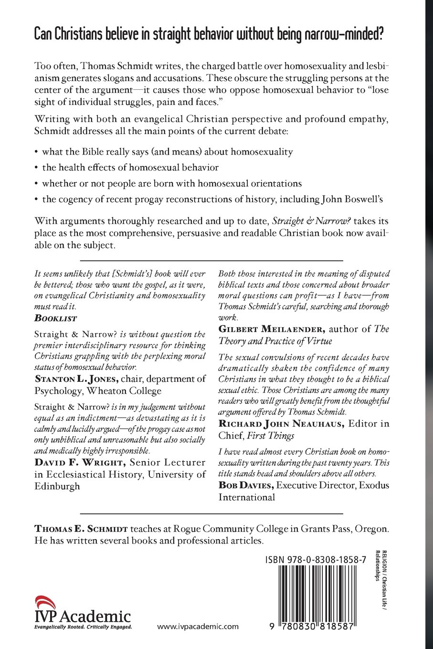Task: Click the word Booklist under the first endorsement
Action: pyautogui.click(x=56, y=318)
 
